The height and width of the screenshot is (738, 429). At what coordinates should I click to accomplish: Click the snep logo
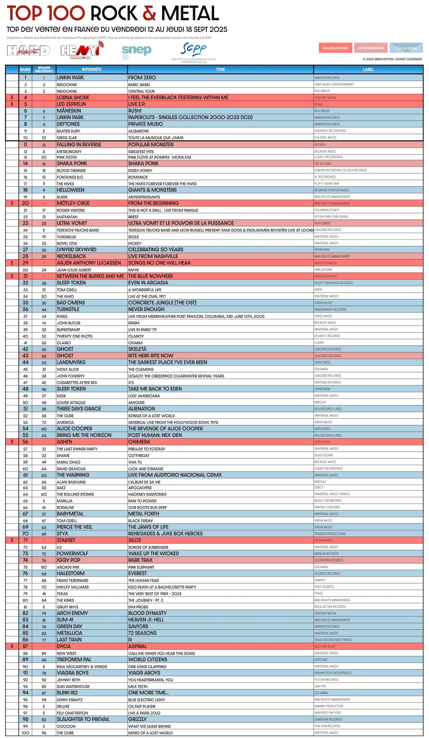coord(136,51)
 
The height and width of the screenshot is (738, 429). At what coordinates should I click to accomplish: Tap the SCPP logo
coord(193,50)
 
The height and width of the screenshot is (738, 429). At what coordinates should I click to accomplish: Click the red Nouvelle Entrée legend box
coord(335,48)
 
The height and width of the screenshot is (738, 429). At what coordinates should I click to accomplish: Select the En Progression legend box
coord(371,48)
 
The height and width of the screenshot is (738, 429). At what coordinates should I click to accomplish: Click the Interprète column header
coord(91,70)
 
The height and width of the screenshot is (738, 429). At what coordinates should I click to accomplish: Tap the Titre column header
coord(220,70)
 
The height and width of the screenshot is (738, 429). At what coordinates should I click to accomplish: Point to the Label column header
coord(368,70)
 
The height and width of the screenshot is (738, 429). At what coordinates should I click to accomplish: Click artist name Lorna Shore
coord(73,97)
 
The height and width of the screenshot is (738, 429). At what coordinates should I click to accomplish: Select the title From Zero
coord(142,78)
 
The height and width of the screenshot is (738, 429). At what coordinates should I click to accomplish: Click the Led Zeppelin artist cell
coord(71,104)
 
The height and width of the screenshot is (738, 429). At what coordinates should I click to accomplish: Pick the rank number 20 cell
coord(25,203)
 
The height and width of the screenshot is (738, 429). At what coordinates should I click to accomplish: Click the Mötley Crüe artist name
coord(73,203)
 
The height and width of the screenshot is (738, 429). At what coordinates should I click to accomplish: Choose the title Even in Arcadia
coord(148,283)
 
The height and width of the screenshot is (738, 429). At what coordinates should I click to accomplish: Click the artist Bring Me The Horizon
coord(84,435)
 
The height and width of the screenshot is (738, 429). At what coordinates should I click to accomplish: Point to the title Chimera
coord(139,442)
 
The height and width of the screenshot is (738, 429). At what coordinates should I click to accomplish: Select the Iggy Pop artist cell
coord(69,560)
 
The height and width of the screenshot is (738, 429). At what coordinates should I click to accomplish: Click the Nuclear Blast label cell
coord(325,647)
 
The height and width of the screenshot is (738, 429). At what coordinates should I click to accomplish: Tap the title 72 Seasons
coord(142,633)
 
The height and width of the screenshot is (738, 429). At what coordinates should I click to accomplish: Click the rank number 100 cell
coord(25,733)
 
